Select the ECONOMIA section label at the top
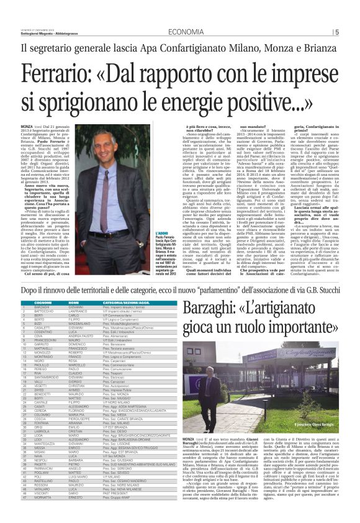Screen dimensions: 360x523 187,32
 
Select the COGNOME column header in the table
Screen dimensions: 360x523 42,302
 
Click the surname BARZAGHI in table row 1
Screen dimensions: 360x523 42,307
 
